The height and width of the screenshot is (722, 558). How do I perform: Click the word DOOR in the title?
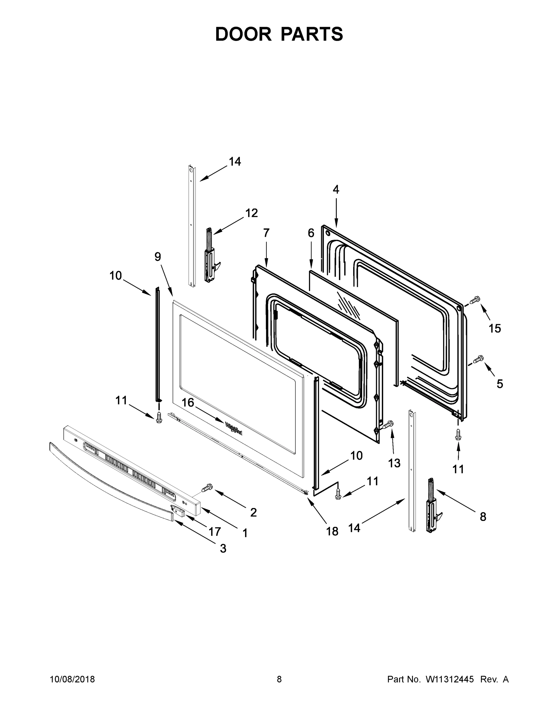coord(243,34)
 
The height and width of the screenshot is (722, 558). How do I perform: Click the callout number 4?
coord(336,190)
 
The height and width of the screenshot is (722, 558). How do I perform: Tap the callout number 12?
coord(251,213)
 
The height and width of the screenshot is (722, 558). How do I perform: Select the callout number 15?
coord(495,328)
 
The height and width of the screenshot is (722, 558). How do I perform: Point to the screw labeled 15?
coord(475,301)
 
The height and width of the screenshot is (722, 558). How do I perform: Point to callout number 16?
coord(188,402)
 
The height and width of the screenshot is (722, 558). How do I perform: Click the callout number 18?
coord(332,531)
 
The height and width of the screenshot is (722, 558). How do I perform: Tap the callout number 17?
coord(214,532)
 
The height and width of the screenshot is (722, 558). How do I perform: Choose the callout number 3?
coord(223,548)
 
